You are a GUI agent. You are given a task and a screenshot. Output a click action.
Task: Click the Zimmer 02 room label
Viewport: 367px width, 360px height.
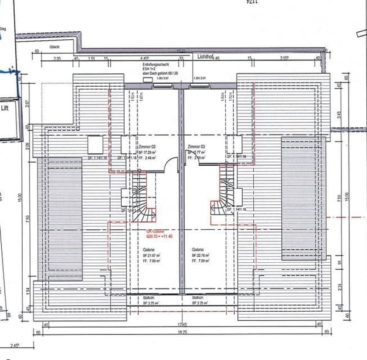(147, 147)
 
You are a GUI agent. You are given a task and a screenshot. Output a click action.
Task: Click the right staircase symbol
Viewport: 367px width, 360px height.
(221, 196)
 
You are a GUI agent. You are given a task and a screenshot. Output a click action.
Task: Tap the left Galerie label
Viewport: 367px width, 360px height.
(147, 249)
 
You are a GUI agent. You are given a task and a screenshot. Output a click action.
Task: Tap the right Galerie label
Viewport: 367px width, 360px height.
(198, 249)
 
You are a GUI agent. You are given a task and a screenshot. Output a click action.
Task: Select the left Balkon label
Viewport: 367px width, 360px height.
(147, 296)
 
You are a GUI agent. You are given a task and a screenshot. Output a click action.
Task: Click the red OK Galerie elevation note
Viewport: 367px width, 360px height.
(143, 233)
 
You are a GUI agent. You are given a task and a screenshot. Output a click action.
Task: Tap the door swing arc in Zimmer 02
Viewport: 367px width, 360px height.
(174, 163)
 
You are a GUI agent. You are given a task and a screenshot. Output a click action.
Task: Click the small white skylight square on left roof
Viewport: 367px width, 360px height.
(95, 144)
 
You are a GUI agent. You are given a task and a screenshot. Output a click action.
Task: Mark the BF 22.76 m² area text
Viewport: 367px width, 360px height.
(199, 256)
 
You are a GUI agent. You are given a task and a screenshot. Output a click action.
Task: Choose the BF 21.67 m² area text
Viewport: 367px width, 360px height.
(149, 256)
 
